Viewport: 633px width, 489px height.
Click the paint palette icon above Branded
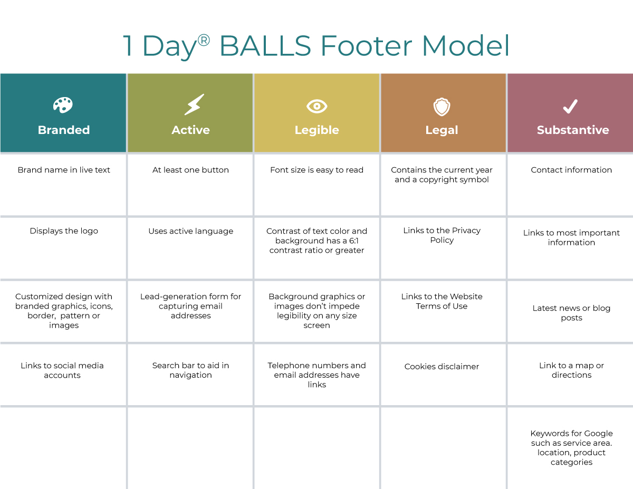(x=63, y=105)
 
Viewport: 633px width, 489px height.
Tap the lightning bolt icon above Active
(x=194, y=104)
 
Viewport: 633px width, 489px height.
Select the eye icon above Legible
(x=317, y=107)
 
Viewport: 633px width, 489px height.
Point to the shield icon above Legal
(x=442, y=107)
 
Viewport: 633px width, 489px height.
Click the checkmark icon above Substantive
(x=570, y=107)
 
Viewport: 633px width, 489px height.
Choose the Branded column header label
(x=64, y=130)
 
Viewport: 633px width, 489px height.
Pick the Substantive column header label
(x=573, y=130)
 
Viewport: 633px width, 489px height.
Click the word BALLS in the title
(x=265, y=46)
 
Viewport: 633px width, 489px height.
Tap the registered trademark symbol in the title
(x=204, y=40)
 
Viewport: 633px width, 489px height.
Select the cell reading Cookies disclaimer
(x=442, y=367)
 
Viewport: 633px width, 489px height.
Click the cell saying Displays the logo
(x=64, y=231)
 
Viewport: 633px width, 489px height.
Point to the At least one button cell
(x=190, y=170)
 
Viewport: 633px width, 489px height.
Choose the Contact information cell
(x=571, y=170)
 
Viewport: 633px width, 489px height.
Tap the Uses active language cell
(x=191, y=231)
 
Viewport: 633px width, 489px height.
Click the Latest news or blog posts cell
(x=571, y=313)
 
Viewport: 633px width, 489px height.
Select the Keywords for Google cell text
(x=571, y=448)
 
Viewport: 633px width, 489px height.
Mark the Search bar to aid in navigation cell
(x=190, y=370)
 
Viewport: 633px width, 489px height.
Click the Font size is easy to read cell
(x=316, y=170)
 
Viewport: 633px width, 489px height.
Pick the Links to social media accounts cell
(x=62, y=370)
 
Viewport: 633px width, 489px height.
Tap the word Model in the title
(x=465, y=46)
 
